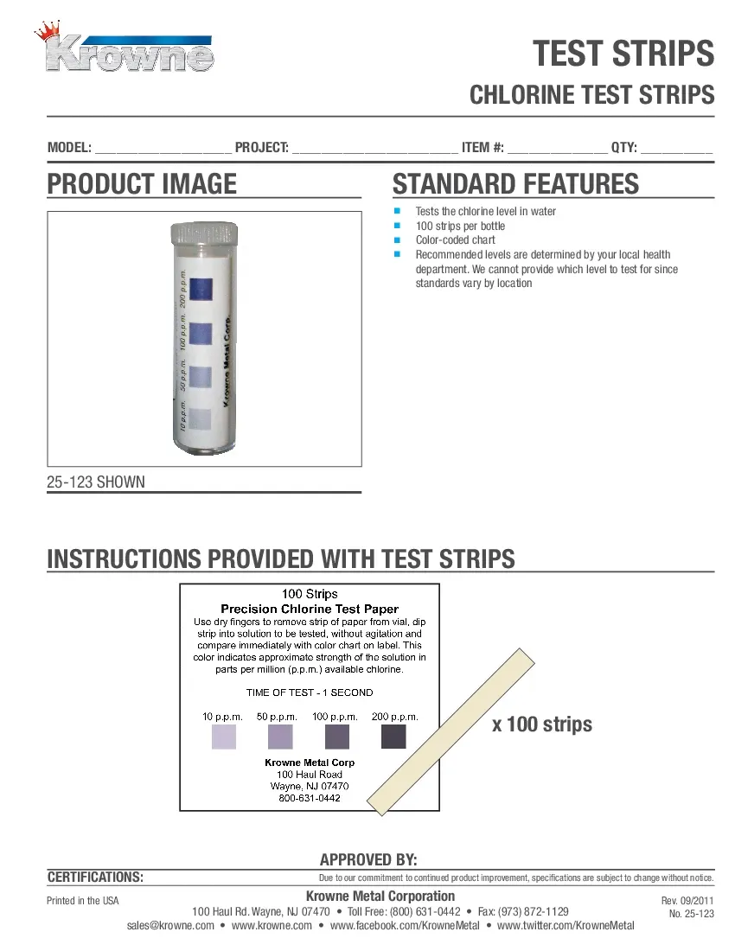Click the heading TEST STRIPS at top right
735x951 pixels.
coord(623,54)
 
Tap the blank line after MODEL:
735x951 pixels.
coord(163,149)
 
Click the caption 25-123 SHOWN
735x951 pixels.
coord(96,482)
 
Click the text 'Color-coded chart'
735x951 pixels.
coord(455,240)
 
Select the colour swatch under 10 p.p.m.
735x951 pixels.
coord(224,737)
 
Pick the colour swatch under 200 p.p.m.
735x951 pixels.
coord(393,737)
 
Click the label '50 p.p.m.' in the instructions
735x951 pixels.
coord(278,717)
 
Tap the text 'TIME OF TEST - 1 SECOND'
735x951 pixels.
coord(310,693)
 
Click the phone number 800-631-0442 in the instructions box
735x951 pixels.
coord(310,798)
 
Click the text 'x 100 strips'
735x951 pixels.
coord(542,724)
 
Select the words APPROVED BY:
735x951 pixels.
coord(368,859)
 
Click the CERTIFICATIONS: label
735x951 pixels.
coord(95,878)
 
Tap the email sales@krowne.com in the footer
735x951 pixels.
coord(170,926)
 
